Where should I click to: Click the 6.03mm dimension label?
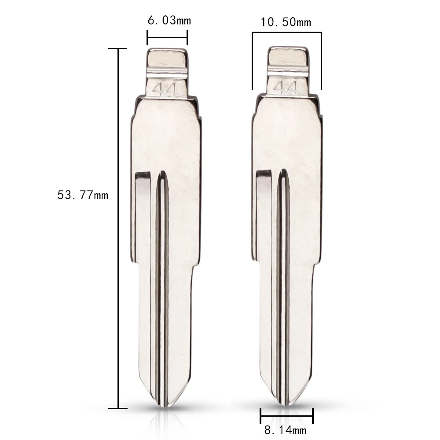169,20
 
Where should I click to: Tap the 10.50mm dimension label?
286,22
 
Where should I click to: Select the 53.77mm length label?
82,194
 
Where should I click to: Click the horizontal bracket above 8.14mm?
286,414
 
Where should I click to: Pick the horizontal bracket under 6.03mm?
167,37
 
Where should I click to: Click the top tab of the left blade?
166,57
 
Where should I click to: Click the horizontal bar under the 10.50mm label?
286,33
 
